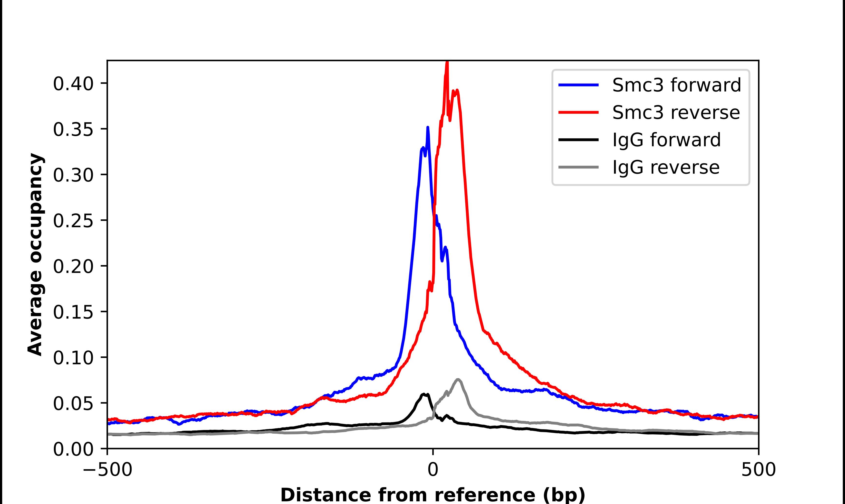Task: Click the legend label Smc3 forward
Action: coord(676,85)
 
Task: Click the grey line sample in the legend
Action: coord(578,167)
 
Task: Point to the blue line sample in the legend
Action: coord(578,85)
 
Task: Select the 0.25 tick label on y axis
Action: coord(73,221)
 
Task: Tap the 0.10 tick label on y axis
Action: coord(73,358)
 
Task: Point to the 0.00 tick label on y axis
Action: coord(73,449)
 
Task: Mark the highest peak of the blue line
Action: coord(428,127)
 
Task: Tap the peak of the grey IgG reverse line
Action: coord(458,379)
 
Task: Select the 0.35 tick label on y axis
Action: coord(73,129)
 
